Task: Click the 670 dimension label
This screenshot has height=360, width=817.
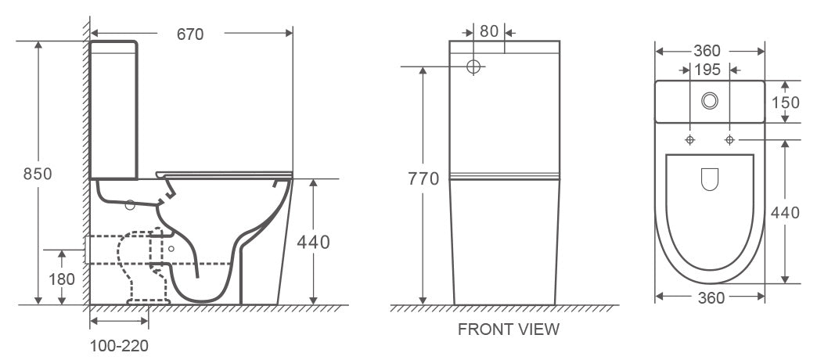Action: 190,34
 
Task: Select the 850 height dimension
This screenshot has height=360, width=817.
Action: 38,174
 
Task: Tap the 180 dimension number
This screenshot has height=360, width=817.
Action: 62,279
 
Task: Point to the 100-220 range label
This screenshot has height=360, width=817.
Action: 119,345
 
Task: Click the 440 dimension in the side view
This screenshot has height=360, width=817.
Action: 313,243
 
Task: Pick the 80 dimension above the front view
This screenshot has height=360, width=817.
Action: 489,31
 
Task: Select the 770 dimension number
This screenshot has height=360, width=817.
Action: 423,179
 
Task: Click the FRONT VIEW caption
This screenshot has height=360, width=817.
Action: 509,329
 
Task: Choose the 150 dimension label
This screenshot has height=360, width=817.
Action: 785,103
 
